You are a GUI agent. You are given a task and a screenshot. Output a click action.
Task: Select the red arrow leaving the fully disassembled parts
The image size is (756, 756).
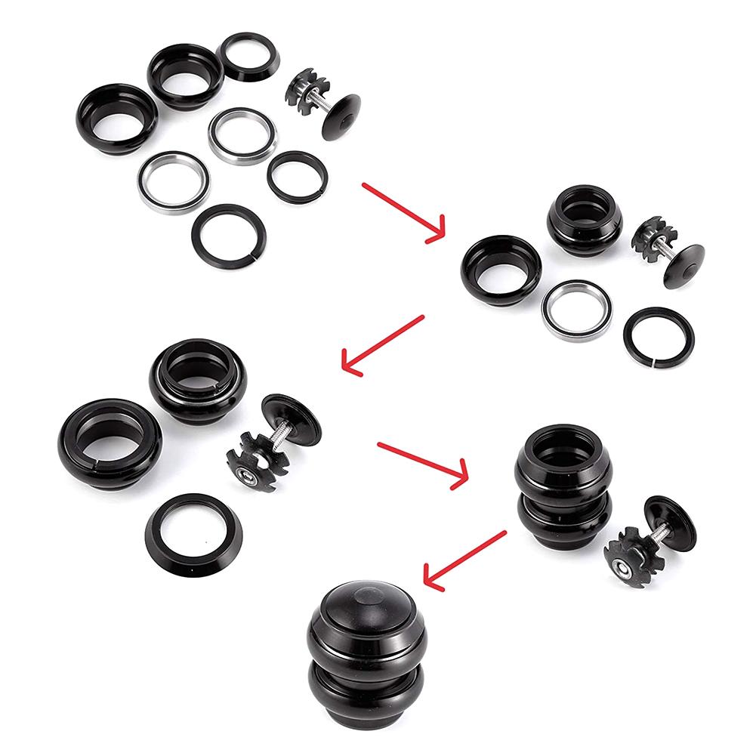coord(403,211)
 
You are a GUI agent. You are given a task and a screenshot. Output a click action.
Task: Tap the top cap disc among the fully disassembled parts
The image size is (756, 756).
coord(340,117)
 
